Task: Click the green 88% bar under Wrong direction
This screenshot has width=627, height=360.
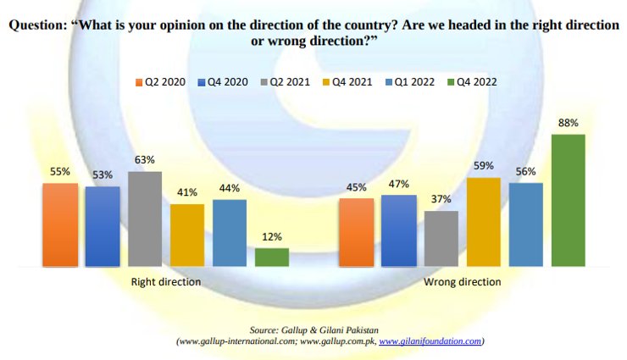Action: point(568,200)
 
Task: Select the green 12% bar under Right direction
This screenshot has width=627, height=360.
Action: point(272,258)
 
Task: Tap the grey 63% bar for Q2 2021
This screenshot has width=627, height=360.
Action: point(145,219)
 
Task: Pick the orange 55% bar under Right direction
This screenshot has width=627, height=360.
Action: point(60,224)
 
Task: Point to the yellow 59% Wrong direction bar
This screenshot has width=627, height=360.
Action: point(484,222)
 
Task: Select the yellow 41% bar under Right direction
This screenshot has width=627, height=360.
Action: point(187,235)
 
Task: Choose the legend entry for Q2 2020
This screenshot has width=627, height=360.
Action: point(161,82)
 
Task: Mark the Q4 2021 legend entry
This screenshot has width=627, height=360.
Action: point(347,82)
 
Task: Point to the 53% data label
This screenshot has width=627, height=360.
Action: point(103,175)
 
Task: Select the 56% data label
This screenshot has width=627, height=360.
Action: point(526,171)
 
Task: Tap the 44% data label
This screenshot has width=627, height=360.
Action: point(230,188)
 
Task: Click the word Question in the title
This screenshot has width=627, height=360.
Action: point(37,25)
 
